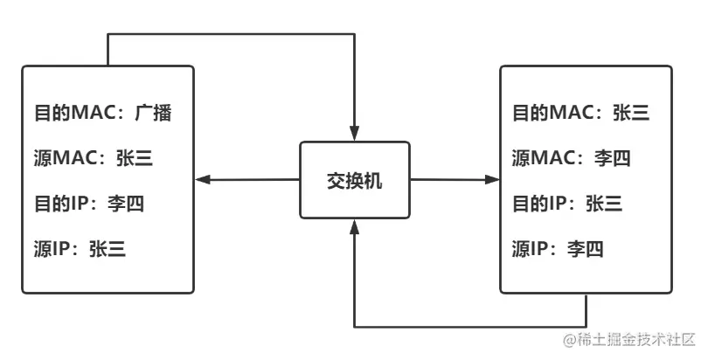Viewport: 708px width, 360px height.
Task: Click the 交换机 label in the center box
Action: [x=354, y=181]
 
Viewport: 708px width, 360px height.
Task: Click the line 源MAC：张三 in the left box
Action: [x=98, y=158]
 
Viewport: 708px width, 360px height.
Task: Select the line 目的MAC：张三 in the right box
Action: [x=580, y=113]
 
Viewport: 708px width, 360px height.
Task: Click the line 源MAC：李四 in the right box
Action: [x=572, y=158]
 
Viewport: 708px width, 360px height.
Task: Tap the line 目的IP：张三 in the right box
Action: [x=566, y=204]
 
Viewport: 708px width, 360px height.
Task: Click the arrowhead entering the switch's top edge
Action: [x=354, y=134]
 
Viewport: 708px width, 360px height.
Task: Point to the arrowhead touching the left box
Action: [x=203, y=180]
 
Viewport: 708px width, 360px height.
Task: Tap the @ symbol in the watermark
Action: [x=569, y=339]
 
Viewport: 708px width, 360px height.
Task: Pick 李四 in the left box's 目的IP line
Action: [x=125, y=204]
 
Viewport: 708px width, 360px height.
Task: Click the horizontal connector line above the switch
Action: [x=232, y=35]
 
